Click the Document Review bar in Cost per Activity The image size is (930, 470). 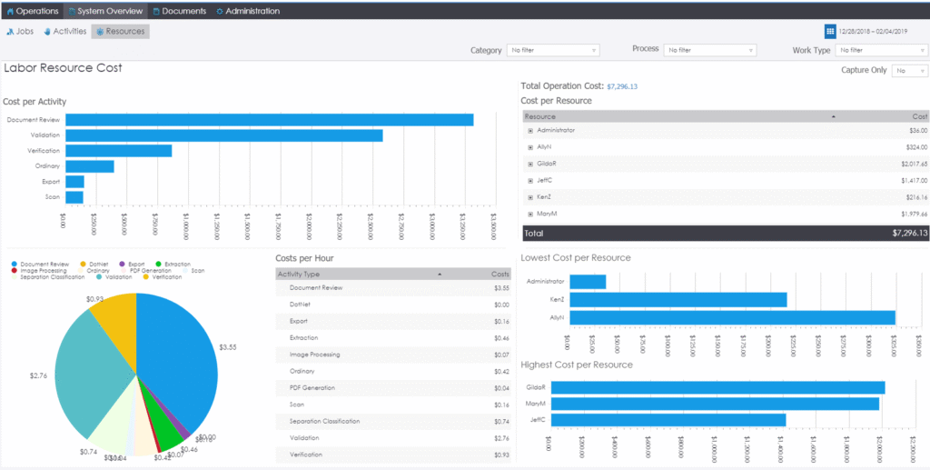[x=269, y=120]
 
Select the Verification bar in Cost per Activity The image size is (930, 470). [x=118, y=151]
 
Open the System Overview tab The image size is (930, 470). [x=105, y=11]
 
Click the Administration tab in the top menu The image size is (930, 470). [x=248, y=11]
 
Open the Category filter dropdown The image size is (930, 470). [x=552, y=50]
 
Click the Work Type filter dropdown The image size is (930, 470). [x=881, y=50]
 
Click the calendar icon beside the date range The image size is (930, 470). [x=830, y=31]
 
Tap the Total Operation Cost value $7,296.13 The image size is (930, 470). [x=622, y=86]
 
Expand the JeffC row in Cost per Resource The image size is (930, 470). [x=530, y=180]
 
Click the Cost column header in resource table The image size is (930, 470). [x=919, y=116]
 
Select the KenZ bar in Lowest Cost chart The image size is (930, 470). [x=678, y=299]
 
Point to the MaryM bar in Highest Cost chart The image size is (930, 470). [x=715, y=403]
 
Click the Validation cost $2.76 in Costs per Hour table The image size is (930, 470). [x=500, y=438]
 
